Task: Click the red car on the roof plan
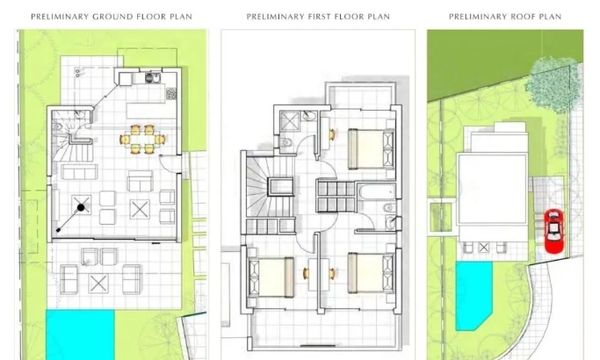553,231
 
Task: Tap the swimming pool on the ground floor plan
80,335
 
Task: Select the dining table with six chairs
142,140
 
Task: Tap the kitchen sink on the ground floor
153,77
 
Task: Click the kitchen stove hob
171,93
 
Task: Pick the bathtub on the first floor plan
378,191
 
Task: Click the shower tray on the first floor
290,121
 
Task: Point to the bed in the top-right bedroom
371,148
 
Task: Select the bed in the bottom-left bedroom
271,277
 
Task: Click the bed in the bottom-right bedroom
371,273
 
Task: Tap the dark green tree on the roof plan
553,85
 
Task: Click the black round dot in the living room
81,208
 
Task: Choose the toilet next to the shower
286,143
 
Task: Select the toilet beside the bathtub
389,208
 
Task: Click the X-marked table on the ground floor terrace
98,284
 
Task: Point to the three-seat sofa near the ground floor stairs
79,172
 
